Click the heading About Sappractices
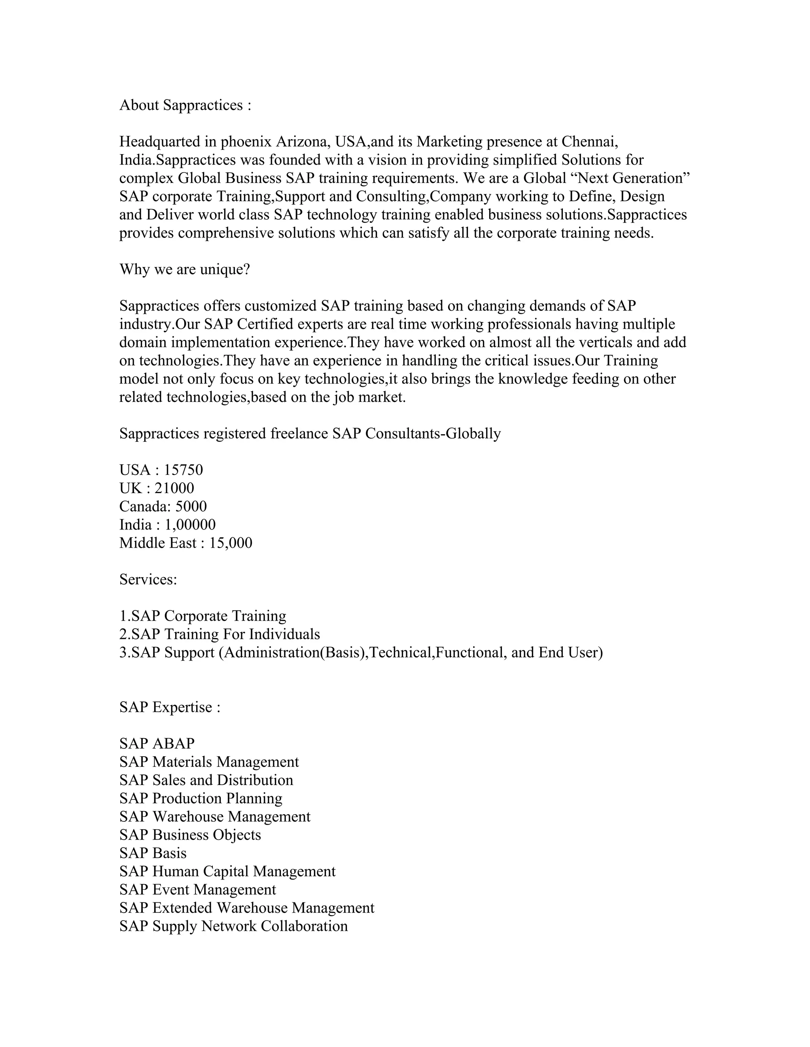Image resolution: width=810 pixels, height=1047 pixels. [185, 105]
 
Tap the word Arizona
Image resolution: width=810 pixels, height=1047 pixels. [302, 142]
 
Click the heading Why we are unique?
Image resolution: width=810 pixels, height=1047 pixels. [185, 269]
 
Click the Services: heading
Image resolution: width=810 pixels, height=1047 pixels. [148, 580]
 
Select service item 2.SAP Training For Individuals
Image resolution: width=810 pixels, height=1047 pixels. [219, 634]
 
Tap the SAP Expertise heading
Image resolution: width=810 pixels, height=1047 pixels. [170, 708]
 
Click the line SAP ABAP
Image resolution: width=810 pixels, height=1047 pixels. [157, 744]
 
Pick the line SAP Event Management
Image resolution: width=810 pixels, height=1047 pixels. [198, 889]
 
